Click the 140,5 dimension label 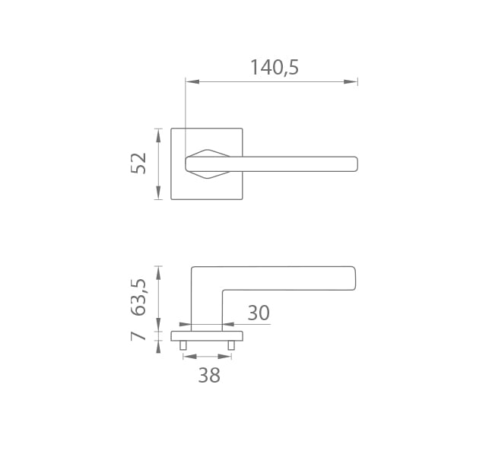pyautogui.click(x=275, y=68)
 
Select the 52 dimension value pyautogui.click(x=138, y=164)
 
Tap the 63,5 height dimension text pyautogui.click(x=138, y=297)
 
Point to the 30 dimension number pyautogui.click(x=259, y=313)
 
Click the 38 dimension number pyautogui.click(x=209, y=375)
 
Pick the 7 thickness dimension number pyautogui.click(x=138, y=336)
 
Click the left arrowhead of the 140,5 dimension pyautogui.click(x=192, y=81)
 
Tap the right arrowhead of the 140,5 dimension pyautogui.click(x=351, y=81)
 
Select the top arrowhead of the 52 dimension pyautogui.click(x=158, y=135)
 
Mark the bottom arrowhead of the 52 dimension pyautogui.click(x=158, y=192)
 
